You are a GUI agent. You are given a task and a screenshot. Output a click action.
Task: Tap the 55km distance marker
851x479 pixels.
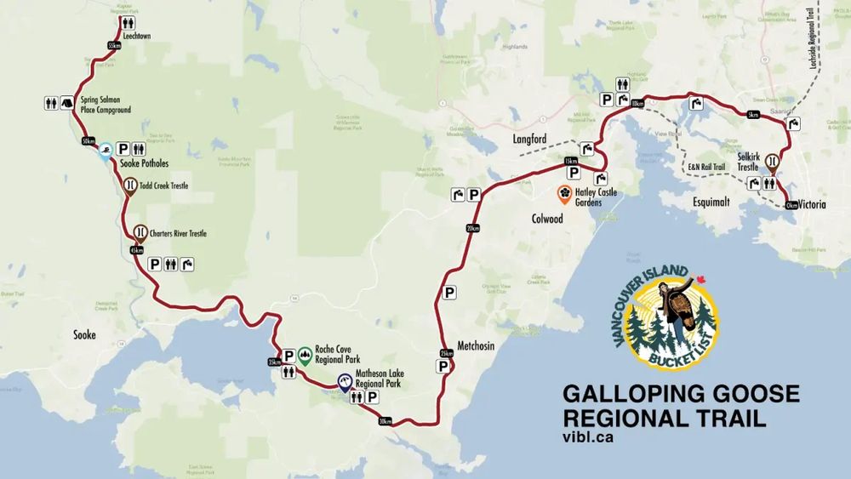(x=114, y=46)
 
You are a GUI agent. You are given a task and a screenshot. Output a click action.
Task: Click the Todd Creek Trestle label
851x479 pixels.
(x=163, y=185)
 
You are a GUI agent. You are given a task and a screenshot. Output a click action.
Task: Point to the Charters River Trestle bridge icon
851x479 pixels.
(x=139, y=232)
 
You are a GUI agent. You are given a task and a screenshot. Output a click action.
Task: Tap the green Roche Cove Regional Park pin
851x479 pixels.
(x=305, y=354)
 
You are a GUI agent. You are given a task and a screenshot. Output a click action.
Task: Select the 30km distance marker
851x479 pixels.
(x=386, y=421)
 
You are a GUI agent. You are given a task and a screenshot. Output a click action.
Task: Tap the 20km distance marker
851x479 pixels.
(x=473, y=227)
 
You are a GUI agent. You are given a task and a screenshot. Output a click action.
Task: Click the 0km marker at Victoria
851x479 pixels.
(x=791, y=205)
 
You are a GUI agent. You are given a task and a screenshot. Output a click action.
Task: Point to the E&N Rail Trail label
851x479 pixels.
(x=706, y=168)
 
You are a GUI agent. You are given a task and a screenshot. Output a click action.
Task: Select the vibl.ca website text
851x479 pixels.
(x=588, y=438)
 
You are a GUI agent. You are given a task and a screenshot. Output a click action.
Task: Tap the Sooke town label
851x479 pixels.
(x=84, y=335)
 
